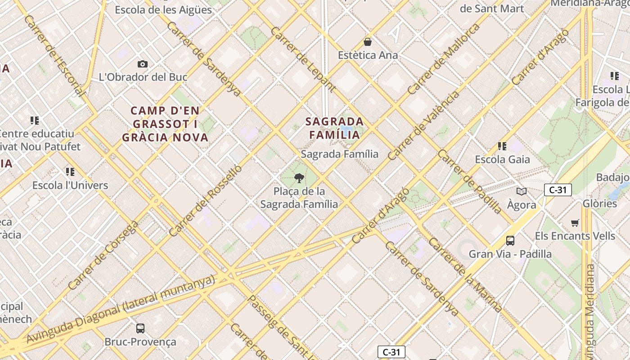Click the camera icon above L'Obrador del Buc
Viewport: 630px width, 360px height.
coord(143,64)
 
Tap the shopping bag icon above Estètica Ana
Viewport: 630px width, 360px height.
coord(368,42)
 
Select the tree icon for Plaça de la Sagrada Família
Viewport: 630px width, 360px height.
coord(299,179)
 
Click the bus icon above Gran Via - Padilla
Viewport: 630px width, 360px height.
coord(510,241)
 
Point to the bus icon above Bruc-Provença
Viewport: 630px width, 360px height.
coord(140,328)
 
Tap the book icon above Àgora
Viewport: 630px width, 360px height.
coord(522,192)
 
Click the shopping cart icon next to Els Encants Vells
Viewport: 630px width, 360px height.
coord(575,223)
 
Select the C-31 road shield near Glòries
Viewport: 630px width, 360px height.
coord(558,190)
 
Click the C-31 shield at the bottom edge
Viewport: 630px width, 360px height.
coord(391,352)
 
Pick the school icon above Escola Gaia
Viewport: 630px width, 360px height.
coord(502,146)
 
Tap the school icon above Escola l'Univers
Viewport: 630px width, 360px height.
coord(70,172)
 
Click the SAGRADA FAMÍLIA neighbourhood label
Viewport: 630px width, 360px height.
coord(335,128)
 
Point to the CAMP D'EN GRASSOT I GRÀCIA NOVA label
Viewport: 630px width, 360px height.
coord(165,124)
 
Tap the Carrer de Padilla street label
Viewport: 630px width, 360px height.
coord(469,182)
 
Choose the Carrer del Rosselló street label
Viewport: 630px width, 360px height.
coord(206,201)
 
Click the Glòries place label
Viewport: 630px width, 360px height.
coord(600,203)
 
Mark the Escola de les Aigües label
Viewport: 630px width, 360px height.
coord(163,9)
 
